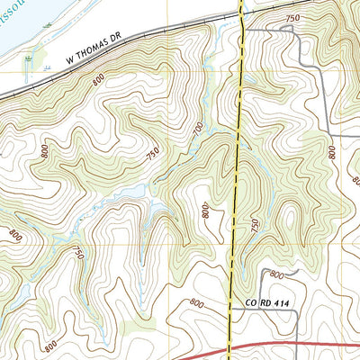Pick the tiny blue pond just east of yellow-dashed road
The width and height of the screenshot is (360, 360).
click(249, 162)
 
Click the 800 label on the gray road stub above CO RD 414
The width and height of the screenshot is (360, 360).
click(276, 274)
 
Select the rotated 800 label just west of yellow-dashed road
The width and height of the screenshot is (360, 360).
click(206, 212)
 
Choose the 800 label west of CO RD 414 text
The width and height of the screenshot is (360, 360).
click(196, 305)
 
